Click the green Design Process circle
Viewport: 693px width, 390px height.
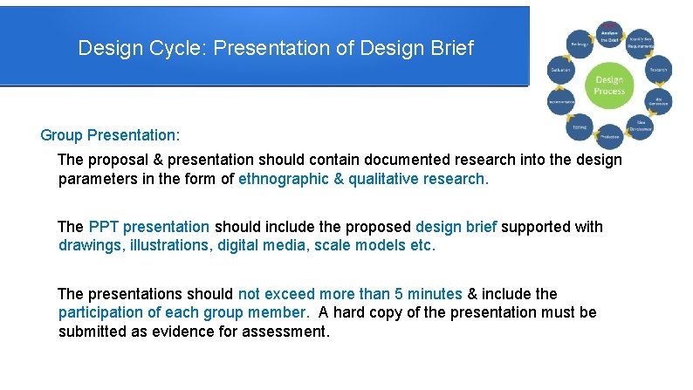(x=608, y=86)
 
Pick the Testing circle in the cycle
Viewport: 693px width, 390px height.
(x=579, y=128)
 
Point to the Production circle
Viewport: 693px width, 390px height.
(x=609, y=136)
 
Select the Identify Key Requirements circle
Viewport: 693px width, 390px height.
(x=641, y=42)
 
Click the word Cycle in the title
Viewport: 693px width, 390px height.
(x=173, y=48)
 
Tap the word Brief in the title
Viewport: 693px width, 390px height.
(x=450, y=48)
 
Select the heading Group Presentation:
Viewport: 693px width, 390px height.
(x=110, y=135)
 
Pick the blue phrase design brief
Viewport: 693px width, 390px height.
(x=456, y=227)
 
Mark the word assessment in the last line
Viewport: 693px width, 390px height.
(x=284, y=331)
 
